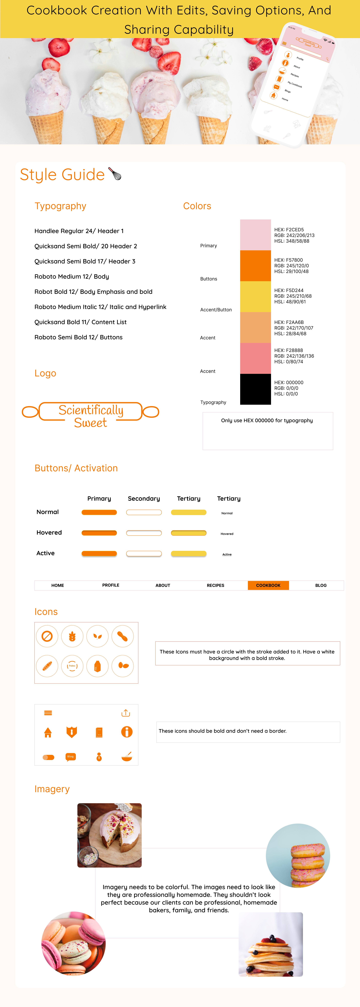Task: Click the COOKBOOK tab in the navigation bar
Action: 268,585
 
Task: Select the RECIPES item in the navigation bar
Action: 215,585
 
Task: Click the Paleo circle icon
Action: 72,666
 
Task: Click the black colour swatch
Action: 255,389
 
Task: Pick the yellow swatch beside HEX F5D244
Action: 255,296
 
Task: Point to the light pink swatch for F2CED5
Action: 255,235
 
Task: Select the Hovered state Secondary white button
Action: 144,533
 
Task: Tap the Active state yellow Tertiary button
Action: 188,554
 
